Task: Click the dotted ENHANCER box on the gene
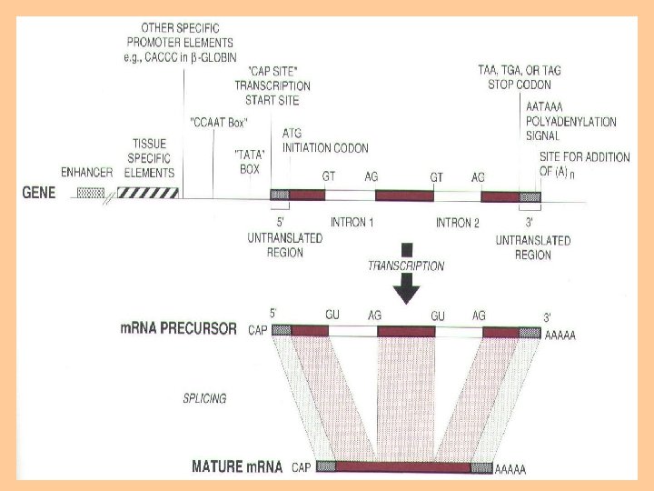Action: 92,194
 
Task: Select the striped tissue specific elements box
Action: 151,193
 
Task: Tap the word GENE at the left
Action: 39,194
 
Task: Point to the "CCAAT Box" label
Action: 219,121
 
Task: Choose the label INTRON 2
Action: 458,223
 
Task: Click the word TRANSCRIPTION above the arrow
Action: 406,266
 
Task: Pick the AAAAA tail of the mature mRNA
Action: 510,470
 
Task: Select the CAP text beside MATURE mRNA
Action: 303,468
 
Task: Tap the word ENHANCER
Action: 86,173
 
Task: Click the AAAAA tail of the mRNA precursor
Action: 560,336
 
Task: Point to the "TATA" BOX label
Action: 249,161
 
